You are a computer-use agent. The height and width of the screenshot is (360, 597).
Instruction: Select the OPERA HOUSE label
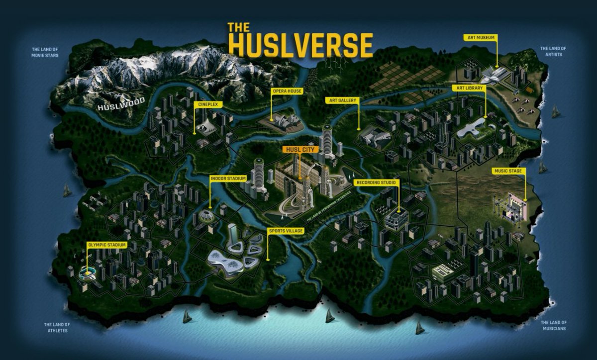coord(285,91)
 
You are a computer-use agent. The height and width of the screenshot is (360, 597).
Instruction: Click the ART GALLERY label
coord(343,100)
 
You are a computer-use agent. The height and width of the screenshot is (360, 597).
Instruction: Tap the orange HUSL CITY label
coord(300,149)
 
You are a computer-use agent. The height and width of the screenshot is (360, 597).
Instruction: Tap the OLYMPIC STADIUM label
coord(107,245)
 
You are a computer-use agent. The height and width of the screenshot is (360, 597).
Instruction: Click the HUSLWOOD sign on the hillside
coord(121,104)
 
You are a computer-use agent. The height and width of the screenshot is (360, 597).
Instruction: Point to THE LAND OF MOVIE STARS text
coord(45,52)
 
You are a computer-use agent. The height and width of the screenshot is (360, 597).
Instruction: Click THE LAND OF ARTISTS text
coord(553,51)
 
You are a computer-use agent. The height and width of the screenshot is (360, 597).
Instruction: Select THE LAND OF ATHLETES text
coord(57,327)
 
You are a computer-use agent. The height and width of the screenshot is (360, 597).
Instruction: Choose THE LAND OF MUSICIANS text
coord(553,325)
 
